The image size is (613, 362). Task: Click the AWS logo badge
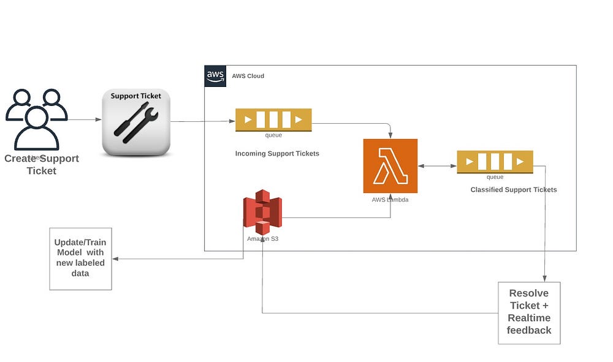click(215, 76)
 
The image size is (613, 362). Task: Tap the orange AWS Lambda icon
click(390, 165)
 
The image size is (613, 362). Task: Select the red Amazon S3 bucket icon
click(262, 212)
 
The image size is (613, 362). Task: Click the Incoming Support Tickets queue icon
click(273, 119)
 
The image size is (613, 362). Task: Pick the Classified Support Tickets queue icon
click(495, 162)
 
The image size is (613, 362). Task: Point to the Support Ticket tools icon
click(136, 122)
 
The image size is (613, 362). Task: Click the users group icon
click(36, 119)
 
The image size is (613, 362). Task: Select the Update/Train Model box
click(80, 258)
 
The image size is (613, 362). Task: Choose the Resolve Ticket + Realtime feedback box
click(528, 312)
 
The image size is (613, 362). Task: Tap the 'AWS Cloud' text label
click(248, 76)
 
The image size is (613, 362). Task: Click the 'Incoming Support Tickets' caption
click(277, 154)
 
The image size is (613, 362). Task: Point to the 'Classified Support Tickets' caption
click(514, 190)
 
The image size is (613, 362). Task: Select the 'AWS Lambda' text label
click(390, 200)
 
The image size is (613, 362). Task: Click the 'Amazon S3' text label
click(262, 239)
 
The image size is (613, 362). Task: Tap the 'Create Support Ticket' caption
click(42, 164)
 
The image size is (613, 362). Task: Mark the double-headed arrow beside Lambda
click(437, 165)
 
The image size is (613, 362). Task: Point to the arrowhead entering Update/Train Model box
click(115, 258)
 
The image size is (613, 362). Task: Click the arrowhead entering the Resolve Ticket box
click(544, 279)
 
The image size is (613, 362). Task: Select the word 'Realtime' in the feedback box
click(529, 318)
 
